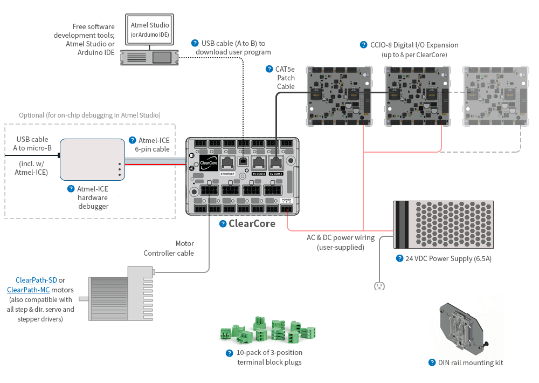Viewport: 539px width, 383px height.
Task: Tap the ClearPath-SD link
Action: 37,280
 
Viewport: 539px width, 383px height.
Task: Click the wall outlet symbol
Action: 379,285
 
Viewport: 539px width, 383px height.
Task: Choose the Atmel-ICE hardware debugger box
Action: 92,160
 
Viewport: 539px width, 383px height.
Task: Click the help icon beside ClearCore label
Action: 223,224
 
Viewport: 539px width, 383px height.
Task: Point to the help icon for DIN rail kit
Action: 432,363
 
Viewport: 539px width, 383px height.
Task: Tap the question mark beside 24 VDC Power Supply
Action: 399,258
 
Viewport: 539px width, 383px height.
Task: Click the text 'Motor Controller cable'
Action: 169,248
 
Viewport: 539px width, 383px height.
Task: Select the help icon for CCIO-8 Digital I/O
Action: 364,45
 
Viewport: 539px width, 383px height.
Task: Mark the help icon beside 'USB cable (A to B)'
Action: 195,43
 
